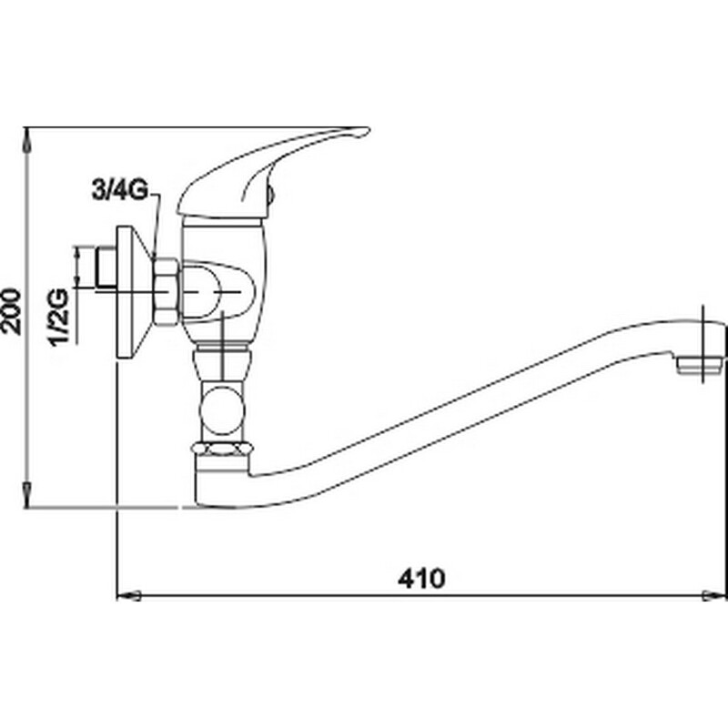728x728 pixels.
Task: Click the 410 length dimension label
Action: [421, 579]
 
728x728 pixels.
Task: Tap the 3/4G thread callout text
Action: [120, 190]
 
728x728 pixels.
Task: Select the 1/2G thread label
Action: [59, 317]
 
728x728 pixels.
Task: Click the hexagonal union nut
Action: [166, 291]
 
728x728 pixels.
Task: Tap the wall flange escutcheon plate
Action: [134, 292]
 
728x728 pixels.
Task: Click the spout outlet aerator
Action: [699, 366]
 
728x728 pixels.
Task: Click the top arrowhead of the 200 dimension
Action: [28, 139]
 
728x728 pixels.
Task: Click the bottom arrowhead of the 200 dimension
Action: [28, 495]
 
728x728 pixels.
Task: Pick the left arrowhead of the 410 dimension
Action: [128, 595]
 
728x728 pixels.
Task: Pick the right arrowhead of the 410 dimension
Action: [714, 595]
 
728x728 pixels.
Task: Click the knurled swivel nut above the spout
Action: [222, 449]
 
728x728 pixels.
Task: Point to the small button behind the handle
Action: [271, 195]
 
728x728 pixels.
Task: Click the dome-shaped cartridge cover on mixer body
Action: [218, 291]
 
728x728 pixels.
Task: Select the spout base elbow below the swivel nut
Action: [222, 481]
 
